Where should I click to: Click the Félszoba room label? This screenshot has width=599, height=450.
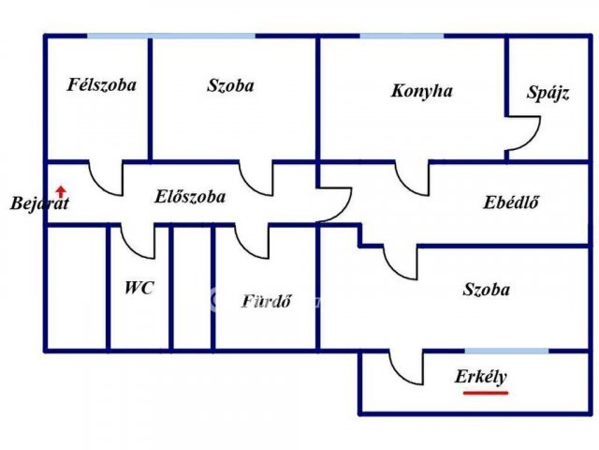(x=102, y=85)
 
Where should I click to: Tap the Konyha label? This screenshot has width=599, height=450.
(x=422, y=91)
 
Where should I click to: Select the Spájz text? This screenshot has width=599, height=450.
(x=548, y=93)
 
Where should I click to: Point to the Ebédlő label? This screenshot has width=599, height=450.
(x=511, y=202)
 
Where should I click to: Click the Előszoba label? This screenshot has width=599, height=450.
(x=190, y=197)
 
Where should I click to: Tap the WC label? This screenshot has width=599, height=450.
(x=139, y=288)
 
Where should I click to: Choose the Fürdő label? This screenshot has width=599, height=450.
(x=267, y=301)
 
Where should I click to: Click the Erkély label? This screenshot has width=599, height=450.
(x=480, y=377)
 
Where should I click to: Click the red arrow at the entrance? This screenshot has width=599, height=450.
(x=61, y=191)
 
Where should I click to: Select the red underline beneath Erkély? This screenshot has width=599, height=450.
(x=486, y=393)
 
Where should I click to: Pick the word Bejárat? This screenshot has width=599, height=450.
(x=39, y=203)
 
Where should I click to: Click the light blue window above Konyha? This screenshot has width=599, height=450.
(x=402, y=36)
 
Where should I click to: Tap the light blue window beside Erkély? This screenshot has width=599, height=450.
(x=506, y=351)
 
